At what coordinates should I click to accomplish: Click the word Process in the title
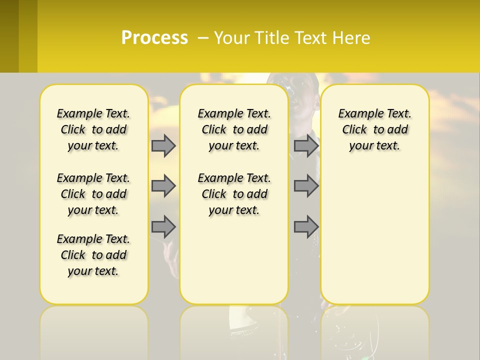pos(154,37)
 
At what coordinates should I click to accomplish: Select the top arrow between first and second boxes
pos(163,146)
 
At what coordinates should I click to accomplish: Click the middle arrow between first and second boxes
pos(163,186)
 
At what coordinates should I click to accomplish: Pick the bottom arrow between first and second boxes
pos(163,226)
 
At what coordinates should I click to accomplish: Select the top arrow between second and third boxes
pos(306,146)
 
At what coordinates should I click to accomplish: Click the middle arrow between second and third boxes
pos(306,186)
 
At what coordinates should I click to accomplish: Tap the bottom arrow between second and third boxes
pos(306,226)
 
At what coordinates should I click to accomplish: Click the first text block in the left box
pos(93,129)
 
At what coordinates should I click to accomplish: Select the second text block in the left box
pos(93,194)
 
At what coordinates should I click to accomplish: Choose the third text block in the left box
pos(93,255)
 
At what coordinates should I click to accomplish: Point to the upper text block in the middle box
pos(234,129)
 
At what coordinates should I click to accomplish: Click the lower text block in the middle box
pos(234,194)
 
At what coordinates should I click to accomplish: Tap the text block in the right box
pos(374,129)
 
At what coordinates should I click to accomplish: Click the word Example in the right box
pos(358,114)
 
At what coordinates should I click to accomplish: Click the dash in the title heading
pos(203,37)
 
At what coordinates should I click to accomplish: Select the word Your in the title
pos(230,37)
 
